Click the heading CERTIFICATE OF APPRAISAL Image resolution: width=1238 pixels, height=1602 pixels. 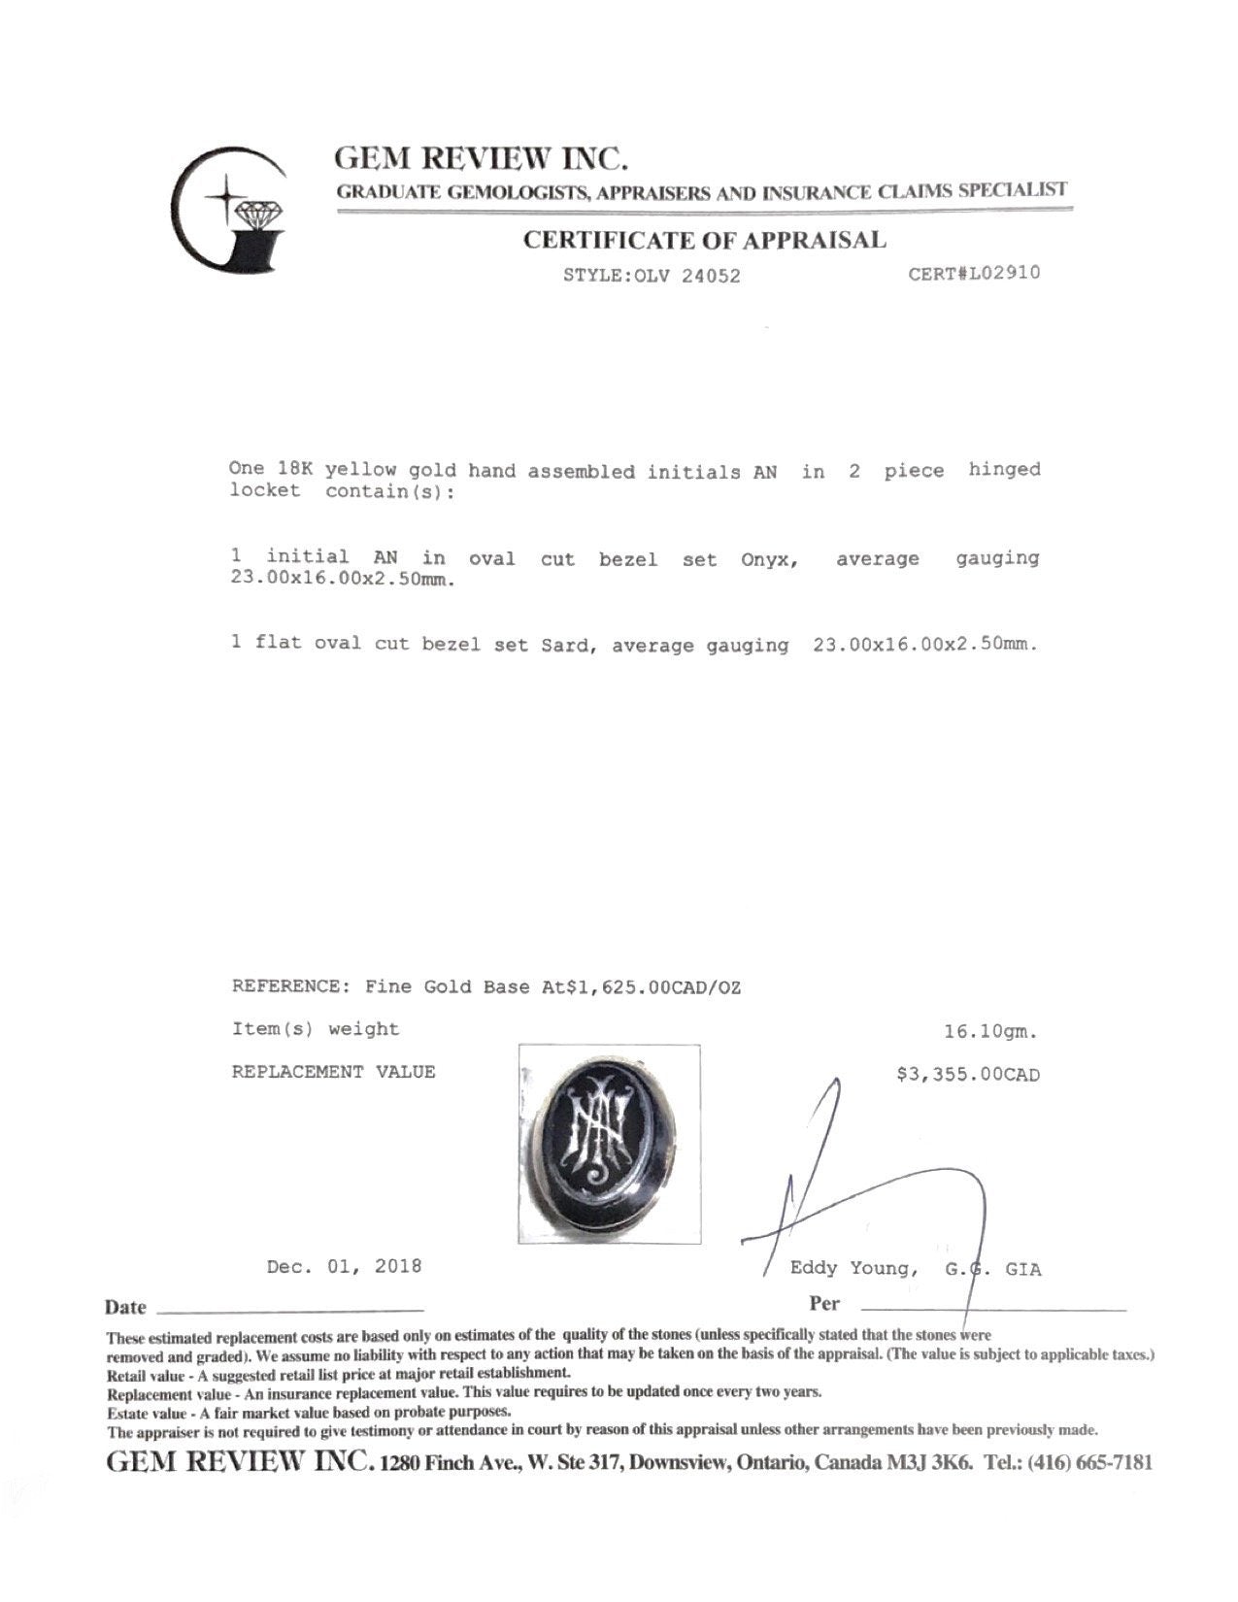pos(704,240)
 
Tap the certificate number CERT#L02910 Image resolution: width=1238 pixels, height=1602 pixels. pos(973,273)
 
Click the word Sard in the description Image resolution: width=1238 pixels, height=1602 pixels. pos(567,645)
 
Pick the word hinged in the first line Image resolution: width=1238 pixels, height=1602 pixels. pos(1003,470)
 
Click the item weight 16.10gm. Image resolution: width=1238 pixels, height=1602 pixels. pos(997,1033)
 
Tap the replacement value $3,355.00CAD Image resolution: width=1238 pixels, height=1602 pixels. pos(968,1075)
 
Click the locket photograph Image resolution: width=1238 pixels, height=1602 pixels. pos(609,1144)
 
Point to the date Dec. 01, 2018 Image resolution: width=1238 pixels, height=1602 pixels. pos(344,1266)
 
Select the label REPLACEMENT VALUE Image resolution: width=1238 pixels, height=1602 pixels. pos(333,1072)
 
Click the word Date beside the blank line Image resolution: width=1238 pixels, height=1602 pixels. pos(125,1308)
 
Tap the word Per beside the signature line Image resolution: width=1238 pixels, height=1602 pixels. pos(824,1303)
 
